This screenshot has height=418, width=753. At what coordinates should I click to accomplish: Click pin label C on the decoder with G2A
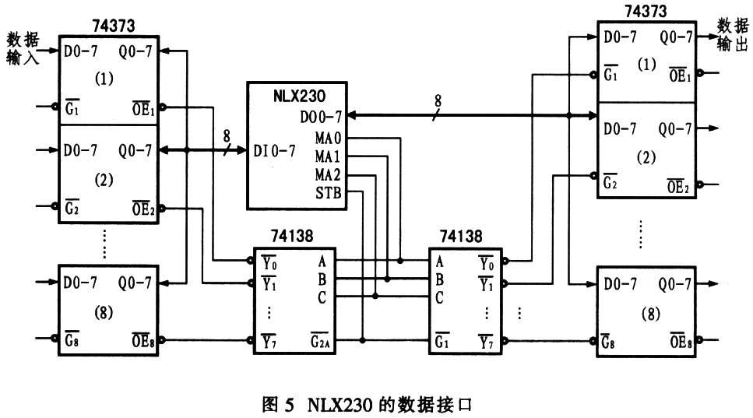[x=322, y=297]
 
